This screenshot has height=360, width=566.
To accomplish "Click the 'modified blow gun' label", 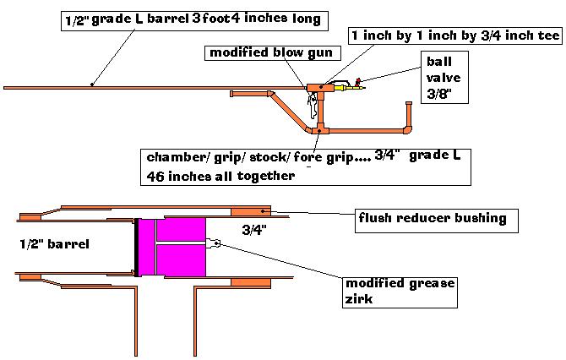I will pos(264,53).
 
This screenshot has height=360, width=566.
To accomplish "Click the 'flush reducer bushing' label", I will pos(432,219).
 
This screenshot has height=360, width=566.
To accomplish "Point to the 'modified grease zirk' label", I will pos(401,290).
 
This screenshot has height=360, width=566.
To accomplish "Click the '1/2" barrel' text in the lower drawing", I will pos(53,244).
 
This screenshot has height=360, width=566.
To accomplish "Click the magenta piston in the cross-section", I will pos(173,246).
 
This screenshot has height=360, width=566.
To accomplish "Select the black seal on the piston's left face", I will pos(136,247).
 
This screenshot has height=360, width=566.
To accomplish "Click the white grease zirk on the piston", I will pos(215,244).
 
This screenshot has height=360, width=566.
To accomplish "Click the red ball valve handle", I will pos(357,81).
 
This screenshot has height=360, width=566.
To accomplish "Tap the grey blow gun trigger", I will pos(313,106).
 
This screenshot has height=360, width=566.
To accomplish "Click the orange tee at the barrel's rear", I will pos(317,86).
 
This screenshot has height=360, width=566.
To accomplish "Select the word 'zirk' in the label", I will pos(361,297).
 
